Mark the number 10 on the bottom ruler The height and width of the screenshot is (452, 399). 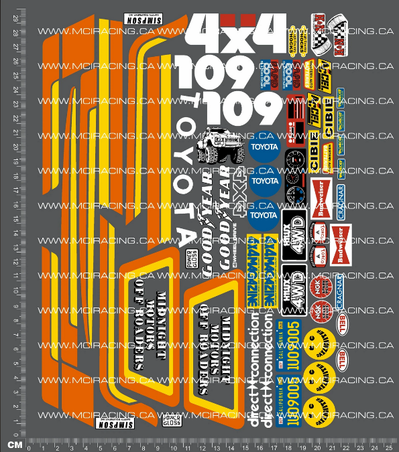pyautogui.click(x=168, y=445)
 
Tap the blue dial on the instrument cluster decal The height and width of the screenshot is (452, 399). pyautogui.click(x=294, y=199)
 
